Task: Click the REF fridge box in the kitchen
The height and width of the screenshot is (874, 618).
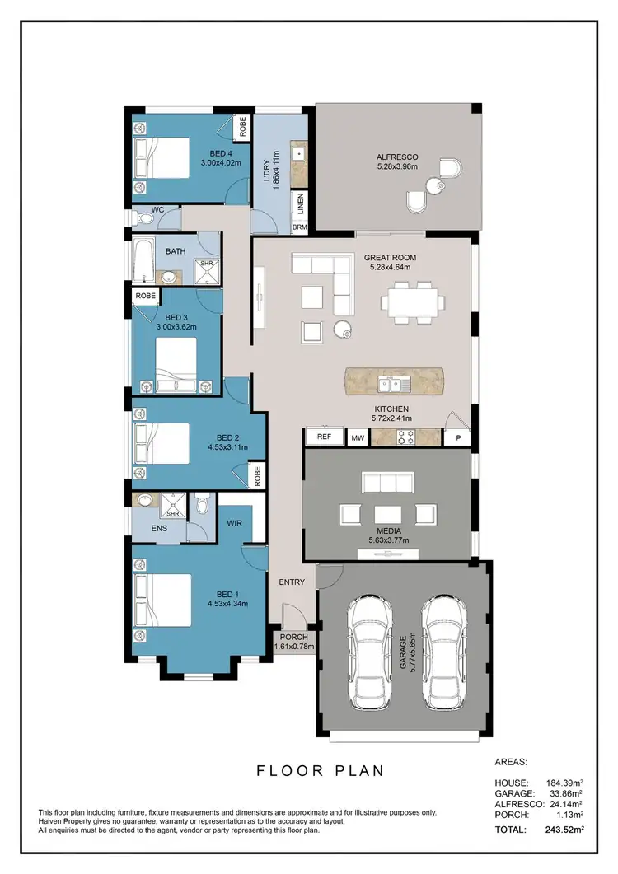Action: tap(324, 437)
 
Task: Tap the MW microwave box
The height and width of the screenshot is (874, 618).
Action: tap(358, 438)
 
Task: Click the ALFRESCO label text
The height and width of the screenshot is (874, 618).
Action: tap(397, 157)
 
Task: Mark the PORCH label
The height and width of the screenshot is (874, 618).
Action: tap(293, 637)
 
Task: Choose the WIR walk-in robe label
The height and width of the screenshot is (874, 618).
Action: tap(233, 522)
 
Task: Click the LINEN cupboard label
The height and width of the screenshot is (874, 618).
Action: tap(302, 202)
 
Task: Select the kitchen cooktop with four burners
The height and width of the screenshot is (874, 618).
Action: tap(405, 437)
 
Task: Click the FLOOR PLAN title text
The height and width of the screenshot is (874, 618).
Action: tap(321, 771)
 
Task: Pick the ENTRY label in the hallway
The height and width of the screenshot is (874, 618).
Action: tap(292, 582)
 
